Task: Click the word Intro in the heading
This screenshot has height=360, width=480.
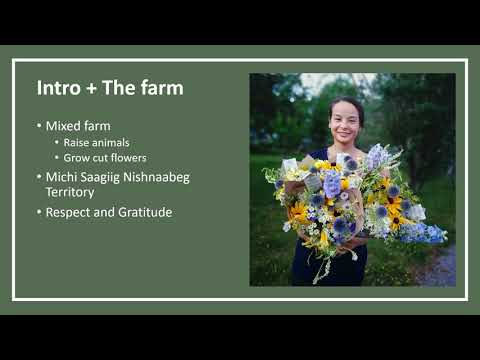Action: click(x=59, y=88)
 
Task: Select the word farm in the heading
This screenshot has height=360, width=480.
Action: click(x=162, y=88)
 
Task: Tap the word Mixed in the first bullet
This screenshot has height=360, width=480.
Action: click(x=64, y=126)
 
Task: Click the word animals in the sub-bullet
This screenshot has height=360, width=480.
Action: click(x=109, y=142)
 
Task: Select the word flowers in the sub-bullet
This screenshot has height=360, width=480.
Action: click(x=126, y=158)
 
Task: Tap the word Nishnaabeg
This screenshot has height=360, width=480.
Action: click(x=161, y=176)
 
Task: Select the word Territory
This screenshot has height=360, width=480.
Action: click(x=70, y=191)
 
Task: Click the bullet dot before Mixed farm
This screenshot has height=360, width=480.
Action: click(x=39, y=126)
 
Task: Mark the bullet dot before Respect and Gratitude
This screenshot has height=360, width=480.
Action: click(x=39, y=212)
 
